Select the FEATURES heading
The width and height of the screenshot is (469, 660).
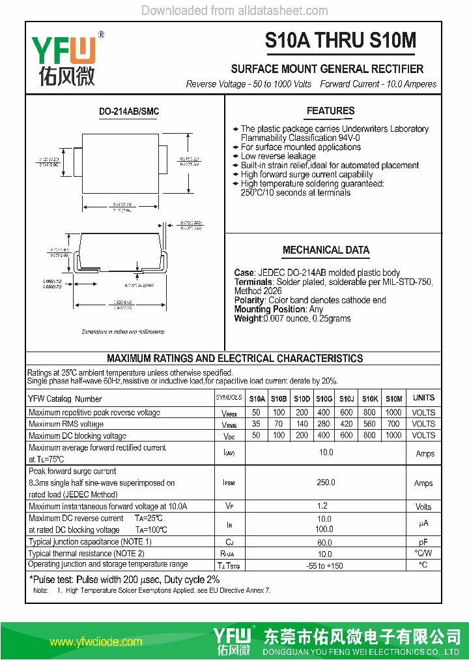330,111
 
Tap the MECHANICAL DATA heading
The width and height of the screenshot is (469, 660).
326,250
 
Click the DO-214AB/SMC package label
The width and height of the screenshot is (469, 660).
129,112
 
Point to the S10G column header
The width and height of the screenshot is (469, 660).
324,398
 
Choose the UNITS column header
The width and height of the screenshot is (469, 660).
423,398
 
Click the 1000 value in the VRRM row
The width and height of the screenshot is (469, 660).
393,413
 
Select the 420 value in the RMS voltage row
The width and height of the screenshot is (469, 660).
347,424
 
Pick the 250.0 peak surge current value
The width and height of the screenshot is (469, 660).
326,483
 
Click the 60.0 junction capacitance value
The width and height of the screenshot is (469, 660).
324,542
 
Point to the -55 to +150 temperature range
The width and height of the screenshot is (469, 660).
324,565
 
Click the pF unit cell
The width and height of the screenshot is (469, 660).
423,542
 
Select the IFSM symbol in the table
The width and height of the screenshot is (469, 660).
229,483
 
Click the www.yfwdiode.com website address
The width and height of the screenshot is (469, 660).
96,642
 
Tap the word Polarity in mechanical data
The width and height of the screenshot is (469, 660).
249,300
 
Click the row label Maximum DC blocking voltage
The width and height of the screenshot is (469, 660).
78,436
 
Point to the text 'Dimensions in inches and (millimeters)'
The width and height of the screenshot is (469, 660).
123,332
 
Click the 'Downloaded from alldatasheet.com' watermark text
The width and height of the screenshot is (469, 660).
234,10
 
